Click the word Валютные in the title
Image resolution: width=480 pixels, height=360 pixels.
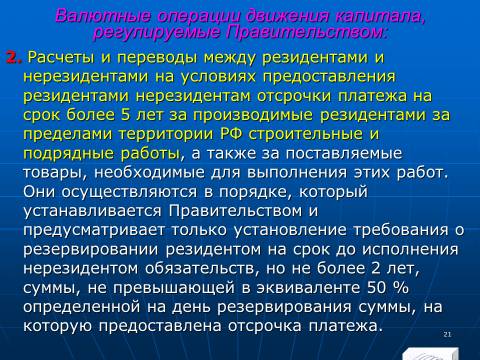pos(103,16)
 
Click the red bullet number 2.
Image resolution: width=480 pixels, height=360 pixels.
pos(14,58)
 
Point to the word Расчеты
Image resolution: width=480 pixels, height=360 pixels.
pos(62,58)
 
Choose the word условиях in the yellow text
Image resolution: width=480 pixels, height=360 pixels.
pos(218,77)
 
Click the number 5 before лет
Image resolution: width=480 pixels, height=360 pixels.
pos(125,115)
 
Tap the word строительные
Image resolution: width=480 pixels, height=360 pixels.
pos(306,134)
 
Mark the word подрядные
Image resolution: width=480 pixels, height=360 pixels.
pos(69,154)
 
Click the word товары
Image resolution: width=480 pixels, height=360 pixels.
pos(56,173)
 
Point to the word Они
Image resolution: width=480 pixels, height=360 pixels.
pos(40,192)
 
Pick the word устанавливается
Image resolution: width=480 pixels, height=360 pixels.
pos(92,211)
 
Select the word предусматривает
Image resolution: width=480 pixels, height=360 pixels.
pos(94,230)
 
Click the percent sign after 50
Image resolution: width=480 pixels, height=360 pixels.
pos(401,288)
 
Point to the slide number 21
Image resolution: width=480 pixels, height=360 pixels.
pos(447,334)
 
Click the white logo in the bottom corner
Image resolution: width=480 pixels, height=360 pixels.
pos(430,354)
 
